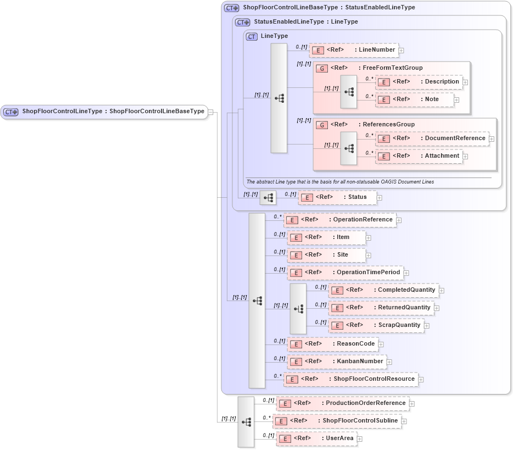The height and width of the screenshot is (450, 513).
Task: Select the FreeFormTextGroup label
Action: (x=392, y=68)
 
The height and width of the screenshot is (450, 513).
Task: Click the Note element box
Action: (x=415, y=99)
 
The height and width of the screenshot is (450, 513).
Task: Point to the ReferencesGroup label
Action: (x=388, y=125)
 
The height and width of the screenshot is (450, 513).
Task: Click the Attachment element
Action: (x=419, y=156)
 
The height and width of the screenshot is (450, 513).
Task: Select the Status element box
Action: (x=337, y=197)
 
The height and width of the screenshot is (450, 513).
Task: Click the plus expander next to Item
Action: (x=369, y=238)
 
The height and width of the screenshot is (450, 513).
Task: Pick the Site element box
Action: (x=326, y=255)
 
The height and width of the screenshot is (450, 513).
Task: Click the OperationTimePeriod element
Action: (x=345, y=273)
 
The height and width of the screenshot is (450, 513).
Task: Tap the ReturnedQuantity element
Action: (x=381, y=308)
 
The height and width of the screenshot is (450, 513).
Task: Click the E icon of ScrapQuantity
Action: (x=337, y=325)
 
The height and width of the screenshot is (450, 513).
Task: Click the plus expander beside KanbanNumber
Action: (x=389, y=362)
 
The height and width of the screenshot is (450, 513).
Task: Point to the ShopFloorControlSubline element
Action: (x=337, y=421)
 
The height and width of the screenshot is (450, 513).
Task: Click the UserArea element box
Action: (x=316, y=438)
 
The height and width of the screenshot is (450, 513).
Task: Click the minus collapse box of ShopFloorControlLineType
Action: (x=211, y=112)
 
